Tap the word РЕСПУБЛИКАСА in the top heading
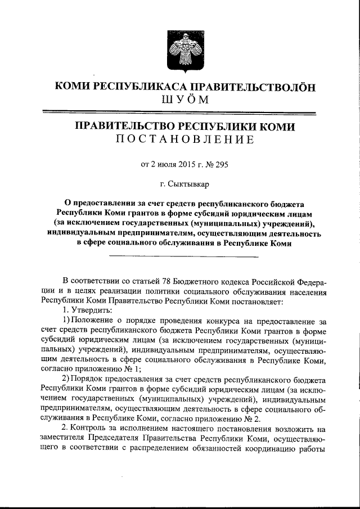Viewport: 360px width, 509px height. tap(141, 87)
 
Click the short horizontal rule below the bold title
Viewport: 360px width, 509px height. tap(183, 257)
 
